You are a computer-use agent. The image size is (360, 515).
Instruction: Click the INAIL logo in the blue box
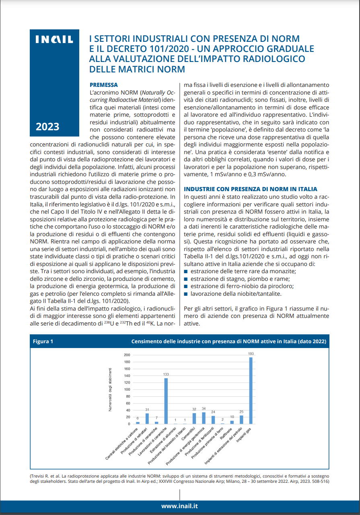point(55,39)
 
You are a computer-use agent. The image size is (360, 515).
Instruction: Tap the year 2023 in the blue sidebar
point(47,127)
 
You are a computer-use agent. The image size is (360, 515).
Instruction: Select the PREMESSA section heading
point(103,85)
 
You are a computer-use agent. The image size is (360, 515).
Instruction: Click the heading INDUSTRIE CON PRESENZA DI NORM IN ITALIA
point(250,189)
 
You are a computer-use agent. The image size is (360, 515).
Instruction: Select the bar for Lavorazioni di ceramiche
point(166,401)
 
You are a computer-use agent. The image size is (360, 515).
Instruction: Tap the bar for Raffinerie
point(232,422)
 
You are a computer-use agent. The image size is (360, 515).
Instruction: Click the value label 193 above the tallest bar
point(251,354)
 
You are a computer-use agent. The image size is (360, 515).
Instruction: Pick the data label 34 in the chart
point(204,409)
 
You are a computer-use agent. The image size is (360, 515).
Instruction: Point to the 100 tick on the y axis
point(127,389)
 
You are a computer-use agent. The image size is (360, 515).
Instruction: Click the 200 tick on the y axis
point(127,355)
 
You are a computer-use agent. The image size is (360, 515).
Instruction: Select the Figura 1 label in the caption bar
point(43,342)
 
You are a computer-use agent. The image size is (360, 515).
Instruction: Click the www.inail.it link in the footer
point(179,506)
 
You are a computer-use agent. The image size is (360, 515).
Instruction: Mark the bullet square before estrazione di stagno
point(186,279)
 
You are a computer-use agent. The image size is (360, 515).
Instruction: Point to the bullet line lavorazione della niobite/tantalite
point(230,294)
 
